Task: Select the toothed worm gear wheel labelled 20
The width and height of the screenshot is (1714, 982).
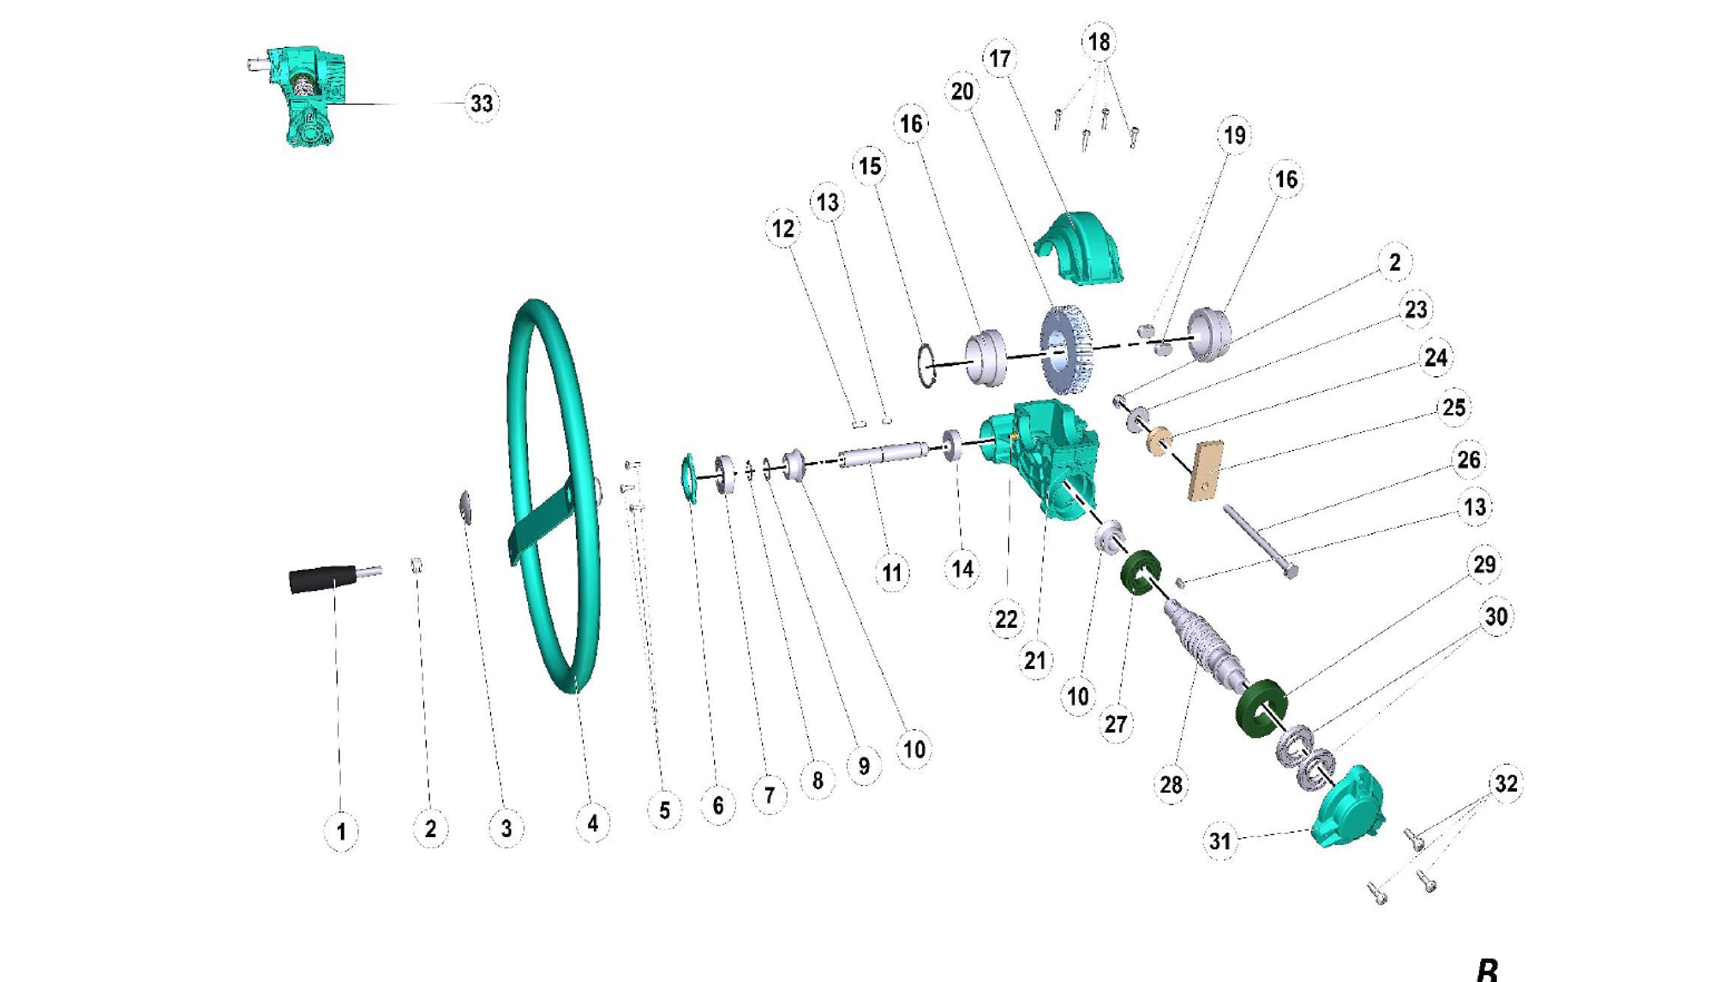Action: [x=1065, y=350]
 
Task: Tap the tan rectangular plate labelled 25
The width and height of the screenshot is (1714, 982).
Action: [x=1205, y=470]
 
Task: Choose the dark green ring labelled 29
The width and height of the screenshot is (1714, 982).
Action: [x=1262, y=708]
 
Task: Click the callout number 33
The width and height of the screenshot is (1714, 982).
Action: [x=482, y=104]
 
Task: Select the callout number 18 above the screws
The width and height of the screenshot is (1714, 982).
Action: [x=1099, y=42]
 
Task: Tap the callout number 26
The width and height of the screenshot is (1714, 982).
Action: [x=1469, y=460]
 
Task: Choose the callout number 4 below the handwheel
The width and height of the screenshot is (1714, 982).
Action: [x=593, y=823]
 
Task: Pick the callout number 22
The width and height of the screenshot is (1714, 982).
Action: [x=1006, y=620]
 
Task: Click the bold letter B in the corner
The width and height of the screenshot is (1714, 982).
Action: [x=1487, y=971]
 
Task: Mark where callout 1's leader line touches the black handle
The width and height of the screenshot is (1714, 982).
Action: [x=334, y=590]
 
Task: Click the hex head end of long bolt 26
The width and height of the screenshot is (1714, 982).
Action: [x=1290, y=570]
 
